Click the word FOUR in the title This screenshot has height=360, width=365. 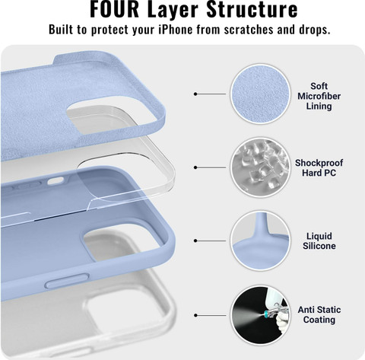[115, 9]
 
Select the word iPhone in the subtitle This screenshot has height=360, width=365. [176, 29]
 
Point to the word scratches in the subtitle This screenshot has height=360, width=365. [249, 30]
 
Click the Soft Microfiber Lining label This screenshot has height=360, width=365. [319, 96]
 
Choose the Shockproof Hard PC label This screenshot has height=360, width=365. [319, 167]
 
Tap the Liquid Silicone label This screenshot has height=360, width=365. [319, 241]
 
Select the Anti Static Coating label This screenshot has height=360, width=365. [319, 314]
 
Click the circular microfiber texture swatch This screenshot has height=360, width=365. [260, 94]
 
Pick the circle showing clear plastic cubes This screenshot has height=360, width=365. [260, 167]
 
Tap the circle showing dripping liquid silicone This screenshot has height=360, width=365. [260, 241]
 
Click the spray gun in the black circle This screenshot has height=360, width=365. [277, 313]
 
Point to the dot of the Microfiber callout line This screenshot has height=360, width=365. [195, 94]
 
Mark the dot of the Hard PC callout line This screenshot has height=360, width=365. [195, 167]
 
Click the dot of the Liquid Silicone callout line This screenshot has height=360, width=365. [195, 241]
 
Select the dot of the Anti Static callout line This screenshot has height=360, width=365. [195, 315]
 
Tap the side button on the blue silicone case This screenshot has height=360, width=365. [67, 280]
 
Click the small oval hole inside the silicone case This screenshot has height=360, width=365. [56, 180]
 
